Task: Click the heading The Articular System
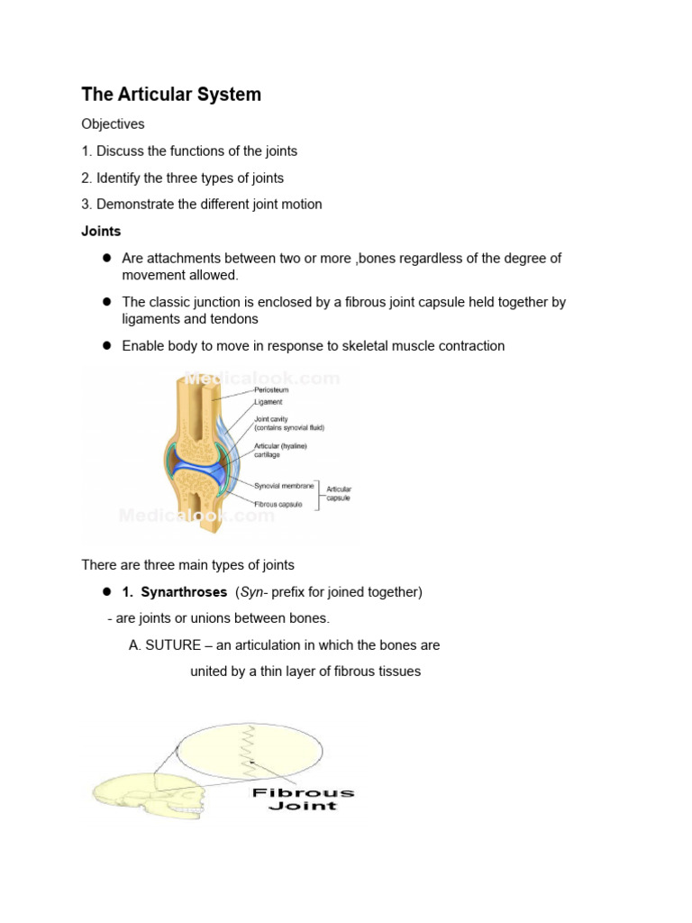tap(171, 95)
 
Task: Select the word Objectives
tap(113, 123)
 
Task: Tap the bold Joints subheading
tap(101, 231)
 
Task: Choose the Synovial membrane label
tap(285, 486)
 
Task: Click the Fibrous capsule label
tap(278, 505)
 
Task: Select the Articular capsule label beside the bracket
tap(339, 493)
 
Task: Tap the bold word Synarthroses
tap(184, 592)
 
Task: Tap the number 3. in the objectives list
tap(87, 204)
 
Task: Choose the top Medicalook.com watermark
tap(261, 379)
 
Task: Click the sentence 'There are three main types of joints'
tap(187, 565)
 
